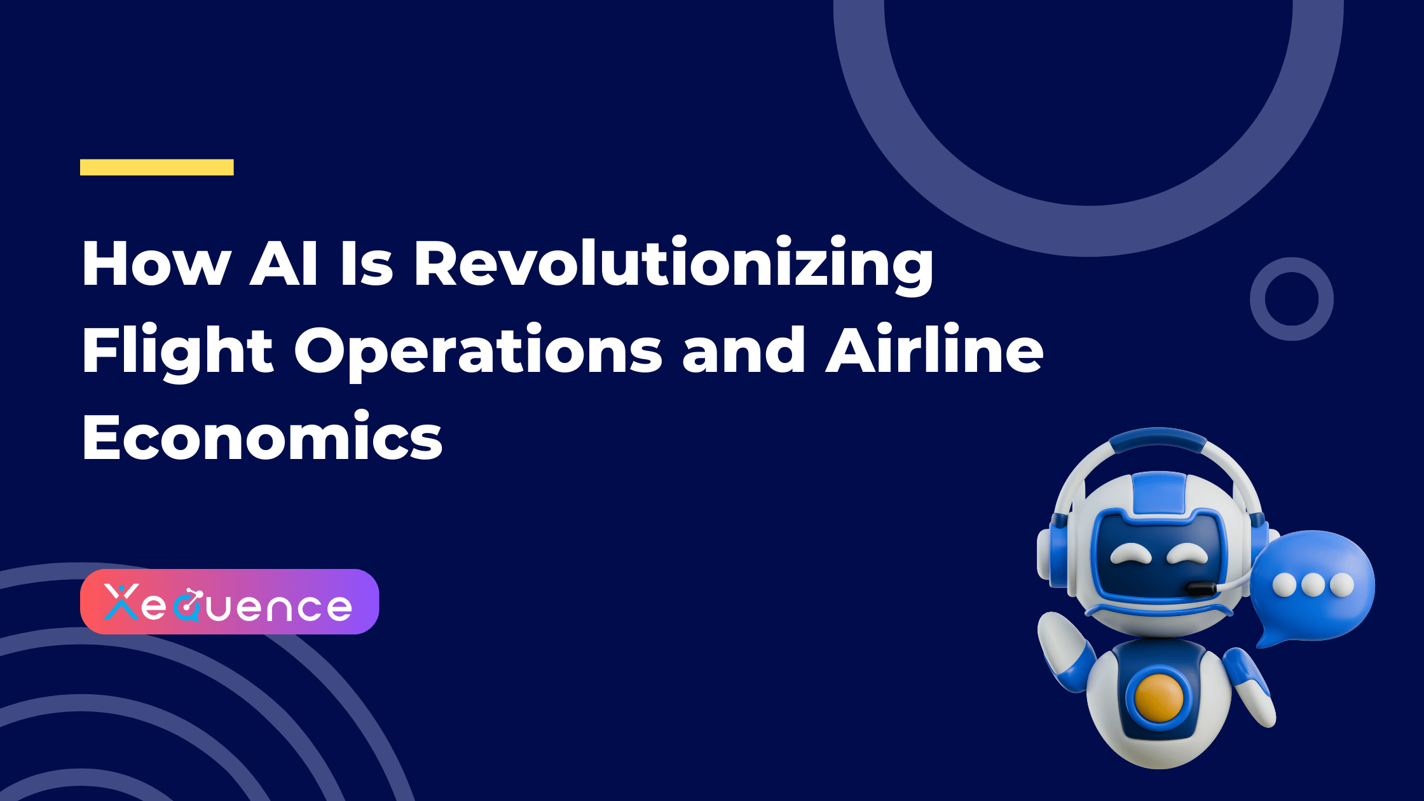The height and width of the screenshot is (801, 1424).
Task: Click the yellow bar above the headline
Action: [x=156, y=167]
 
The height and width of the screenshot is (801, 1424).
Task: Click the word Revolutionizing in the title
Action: [x=674, y=264]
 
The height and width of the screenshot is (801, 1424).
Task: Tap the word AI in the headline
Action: [x=283, y=264]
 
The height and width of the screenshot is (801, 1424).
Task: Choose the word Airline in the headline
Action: [x=934, y=350]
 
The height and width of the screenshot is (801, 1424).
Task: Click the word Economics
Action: [x=262, y=437]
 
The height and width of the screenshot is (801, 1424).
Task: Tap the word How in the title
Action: [x=156, y=264]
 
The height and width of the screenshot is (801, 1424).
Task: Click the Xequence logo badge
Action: [x=229, y=601]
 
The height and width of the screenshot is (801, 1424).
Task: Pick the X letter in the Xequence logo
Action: [x=121, y=603]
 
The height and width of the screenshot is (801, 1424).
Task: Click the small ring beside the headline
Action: [x=1291, y=299]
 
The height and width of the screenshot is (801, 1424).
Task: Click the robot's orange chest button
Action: [x=1158, y=697]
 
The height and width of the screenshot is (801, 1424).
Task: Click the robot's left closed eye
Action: [x=1131, y=554]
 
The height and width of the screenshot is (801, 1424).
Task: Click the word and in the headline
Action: [x=744, y=351]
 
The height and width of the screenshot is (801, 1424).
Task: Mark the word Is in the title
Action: [x=366, y=264]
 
